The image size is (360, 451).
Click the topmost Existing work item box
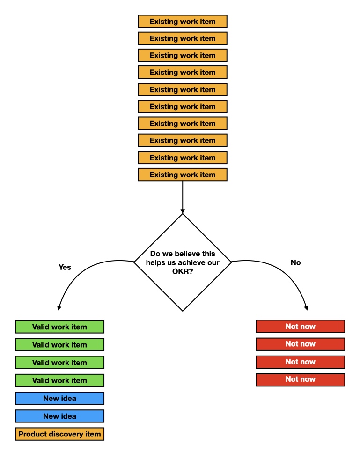coord(183,22)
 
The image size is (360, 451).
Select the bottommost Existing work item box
coord(183,175)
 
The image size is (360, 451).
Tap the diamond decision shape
coord(183,281)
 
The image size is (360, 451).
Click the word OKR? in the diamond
coord(183,272)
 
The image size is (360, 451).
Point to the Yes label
coord(65,267)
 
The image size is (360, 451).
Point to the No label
coord(295,262)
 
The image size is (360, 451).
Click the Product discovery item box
coord(59,434)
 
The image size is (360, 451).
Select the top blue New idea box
coord(59,398)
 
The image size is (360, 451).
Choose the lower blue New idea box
coord(59,416)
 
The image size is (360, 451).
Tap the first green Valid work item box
coord(59,327)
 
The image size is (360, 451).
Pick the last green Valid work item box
coord(59,380)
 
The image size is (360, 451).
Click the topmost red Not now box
coord(300,326)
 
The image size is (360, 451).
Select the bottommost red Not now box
coord(300,379)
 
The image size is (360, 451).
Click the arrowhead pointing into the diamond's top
coord(183,210)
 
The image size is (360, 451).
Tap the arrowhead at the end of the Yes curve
coord(59,307)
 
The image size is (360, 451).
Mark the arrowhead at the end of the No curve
coord(307,307)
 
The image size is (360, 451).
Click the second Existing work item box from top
coord(183,38)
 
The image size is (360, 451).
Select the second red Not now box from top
coord(300,344)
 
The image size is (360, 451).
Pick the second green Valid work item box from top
coord(59,345)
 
